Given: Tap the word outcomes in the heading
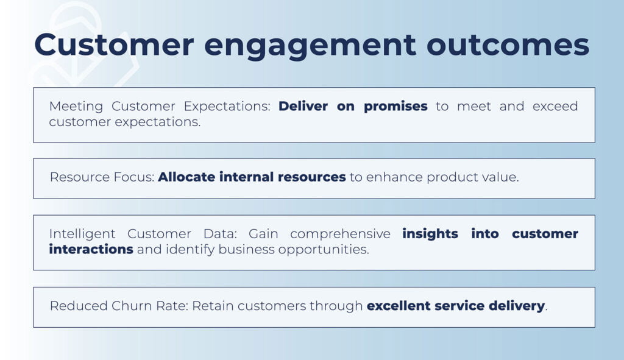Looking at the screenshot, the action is [508, 44].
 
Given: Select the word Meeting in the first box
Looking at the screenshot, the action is [76, 107].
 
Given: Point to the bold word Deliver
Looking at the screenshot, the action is [303, 106].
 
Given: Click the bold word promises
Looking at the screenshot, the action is [395, 107].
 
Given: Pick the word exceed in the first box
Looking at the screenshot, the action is [555, 106].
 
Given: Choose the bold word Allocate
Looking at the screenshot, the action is [186, 177].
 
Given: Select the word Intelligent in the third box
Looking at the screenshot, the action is [82, 234].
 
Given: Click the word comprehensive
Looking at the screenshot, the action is [340, 234].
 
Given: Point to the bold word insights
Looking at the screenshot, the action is [430, 234].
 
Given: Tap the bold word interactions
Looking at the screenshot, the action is [91, 249].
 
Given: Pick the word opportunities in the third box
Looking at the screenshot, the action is [324, 250].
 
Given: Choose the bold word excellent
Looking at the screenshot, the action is [399, 306].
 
